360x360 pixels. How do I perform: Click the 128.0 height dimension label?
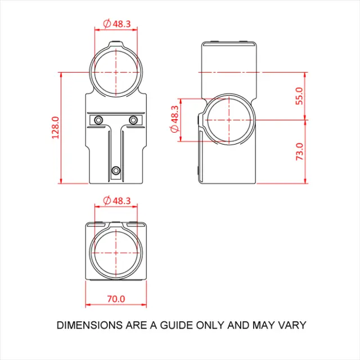(x=55, y=128)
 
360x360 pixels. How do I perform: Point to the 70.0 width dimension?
(x=116, y=299)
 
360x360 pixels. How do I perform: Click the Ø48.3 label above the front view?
(x=117, y=24)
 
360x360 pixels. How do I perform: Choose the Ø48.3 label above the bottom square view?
(x=117, y=200)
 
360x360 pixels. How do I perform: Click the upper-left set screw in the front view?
(x=99, y=119)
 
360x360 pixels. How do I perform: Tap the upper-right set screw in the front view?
(x=133, y=119)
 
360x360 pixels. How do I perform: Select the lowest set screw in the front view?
(x=116, y=170)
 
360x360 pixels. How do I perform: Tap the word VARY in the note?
(x=292, y=325)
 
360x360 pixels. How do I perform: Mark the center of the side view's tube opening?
(x=229, y=120)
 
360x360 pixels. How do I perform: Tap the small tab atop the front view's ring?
(x=116, y=43)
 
